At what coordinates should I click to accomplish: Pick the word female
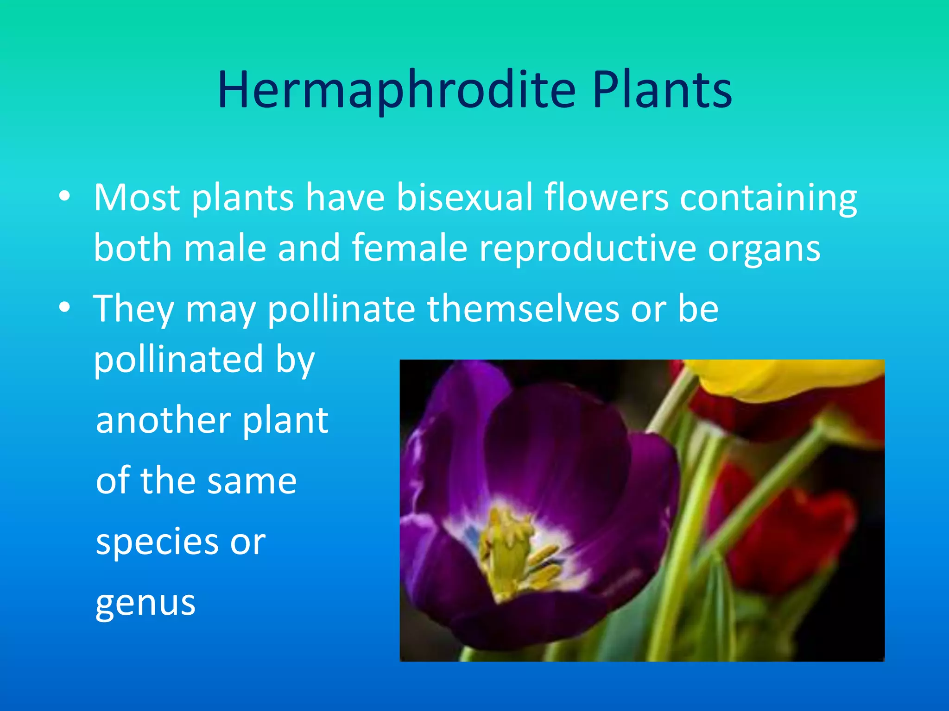[410, 248]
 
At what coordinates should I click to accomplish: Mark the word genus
[146, 604]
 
